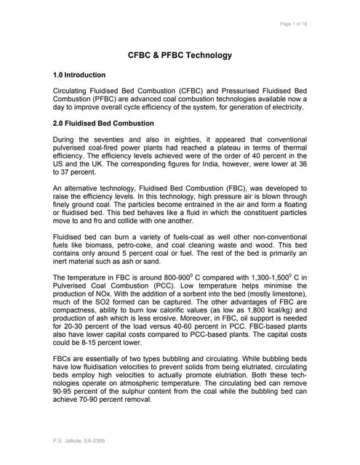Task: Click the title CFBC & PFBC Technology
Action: pos(180,54)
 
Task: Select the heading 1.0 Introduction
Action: pos(79,75)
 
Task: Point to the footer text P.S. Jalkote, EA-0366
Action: pos(79,440)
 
